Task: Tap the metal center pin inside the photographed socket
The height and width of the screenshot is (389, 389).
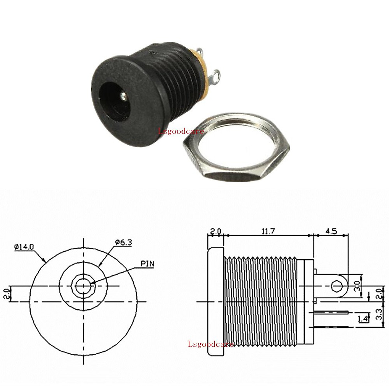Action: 124,96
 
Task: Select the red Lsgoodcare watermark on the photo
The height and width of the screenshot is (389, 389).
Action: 181,131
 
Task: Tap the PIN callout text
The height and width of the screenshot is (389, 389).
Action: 147,264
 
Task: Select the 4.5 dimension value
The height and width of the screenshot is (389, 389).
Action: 331,231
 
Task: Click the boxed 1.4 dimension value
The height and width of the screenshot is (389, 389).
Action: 363,319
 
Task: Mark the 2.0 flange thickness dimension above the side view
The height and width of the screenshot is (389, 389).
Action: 216,231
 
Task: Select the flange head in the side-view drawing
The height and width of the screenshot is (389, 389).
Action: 216,301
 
